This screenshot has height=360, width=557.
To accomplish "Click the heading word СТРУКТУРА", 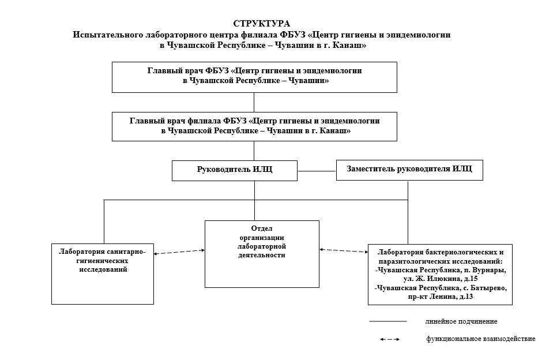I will coord(262,24).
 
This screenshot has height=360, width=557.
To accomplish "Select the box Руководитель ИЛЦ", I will coord(235,170).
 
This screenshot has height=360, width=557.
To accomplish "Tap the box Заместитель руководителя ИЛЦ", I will coord(409,170).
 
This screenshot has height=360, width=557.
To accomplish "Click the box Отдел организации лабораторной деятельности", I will coord(262,254).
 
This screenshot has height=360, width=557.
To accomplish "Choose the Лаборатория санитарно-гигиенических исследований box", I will coord(103,273).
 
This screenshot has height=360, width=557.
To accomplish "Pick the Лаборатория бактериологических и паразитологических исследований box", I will coord(441,275).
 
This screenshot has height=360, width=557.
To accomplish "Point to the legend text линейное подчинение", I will coord(461,321).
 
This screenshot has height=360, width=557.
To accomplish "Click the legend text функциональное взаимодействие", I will coord(481,339).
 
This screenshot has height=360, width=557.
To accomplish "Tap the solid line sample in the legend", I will coord(388,321).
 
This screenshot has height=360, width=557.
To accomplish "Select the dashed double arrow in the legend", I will coord(390,339).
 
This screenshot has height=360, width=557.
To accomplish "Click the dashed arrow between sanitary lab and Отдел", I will coord(179,251).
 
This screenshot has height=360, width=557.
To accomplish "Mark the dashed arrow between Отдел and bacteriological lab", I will coord(344,250).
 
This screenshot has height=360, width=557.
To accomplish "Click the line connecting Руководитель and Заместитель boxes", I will coord(317,171).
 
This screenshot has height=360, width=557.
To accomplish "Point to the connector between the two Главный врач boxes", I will coord(254,102).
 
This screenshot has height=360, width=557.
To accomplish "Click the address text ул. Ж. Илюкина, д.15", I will coord(441,279).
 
